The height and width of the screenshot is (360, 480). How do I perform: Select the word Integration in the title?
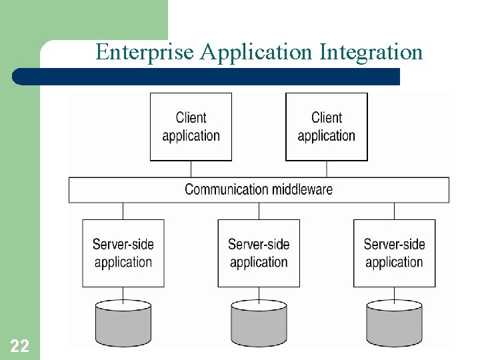pyautogui.click(x=371, y=52)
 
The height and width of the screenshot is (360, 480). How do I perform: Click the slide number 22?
pyautogui.click(x=19, y=346)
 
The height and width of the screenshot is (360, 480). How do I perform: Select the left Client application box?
pyautogui.click(x=191, y=127)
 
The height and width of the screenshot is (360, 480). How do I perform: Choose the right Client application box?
pyautogui.click(x=326, y=127)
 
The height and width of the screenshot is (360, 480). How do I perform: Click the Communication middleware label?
pyautogui.click(x=259, y=189)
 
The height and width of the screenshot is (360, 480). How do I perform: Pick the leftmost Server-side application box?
pyautogui.click(x=123, y=253)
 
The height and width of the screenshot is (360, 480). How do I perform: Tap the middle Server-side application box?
pyautogui.click(x=259, y=253)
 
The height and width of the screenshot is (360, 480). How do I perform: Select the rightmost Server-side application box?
pyautogui.click(x=394, y=253)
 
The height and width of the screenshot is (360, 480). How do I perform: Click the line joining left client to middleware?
pyautogui.click(x=191, y=169)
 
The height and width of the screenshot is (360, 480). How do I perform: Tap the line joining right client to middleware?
pyautogui.click(x=326, y=169)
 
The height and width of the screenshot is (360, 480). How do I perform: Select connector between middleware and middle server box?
pyautogui.click(x=259, y=211)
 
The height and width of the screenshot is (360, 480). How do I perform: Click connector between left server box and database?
pyautogui.click(x=123, y=294)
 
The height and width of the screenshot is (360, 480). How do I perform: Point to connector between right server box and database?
pyautogui.click(x=394, y=294)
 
